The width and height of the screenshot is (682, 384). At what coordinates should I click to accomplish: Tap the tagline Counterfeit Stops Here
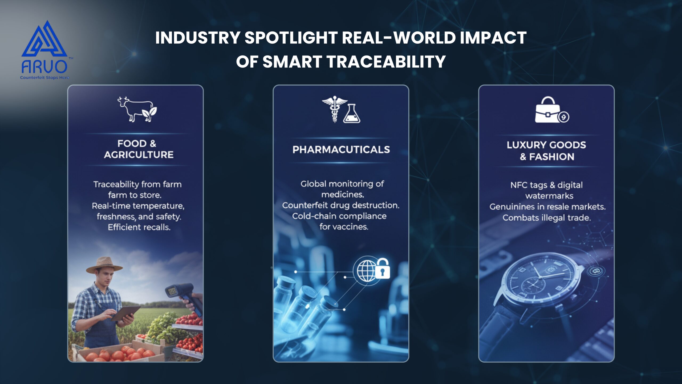click(44, 78)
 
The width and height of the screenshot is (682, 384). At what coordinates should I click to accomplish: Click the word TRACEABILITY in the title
click(386, 62)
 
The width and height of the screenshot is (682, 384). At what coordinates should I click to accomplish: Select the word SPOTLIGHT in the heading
click(291, 38)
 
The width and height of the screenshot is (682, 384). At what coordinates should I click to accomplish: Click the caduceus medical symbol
click(335, 109)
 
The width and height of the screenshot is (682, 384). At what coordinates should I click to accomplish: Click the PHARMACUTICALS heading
click(341, 150)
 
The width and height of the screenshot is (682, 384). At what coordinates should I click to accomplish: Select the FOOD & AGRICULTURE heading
click(139, 149)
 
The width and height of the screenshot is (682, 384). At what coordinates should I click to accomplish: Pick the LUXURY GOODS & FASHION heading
click(547, 151)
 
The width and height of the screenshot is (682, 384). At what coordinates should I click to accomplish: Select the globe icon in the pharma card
click(367, 271)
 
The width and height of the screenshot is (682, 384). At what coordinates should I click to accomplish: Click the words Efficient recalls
click(139, 227)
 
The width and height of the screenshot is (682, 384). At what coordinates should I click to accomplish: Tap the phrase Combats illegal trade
click(547, 218)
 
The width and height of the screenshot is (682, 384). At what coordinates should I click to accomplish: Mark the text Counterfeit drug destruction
click(341, 205)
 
